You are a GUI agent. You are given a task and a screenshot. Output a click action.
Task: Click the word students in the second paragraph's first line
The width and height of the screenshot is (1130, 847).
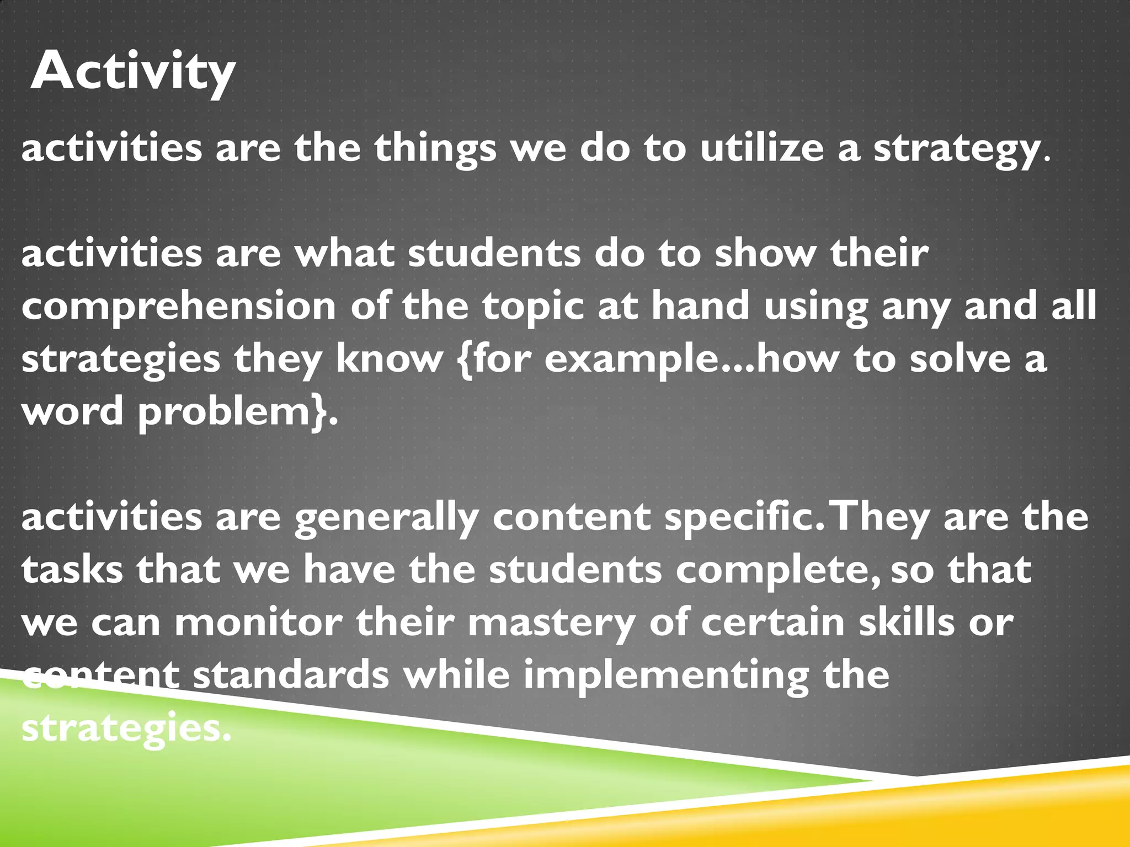(494, 254)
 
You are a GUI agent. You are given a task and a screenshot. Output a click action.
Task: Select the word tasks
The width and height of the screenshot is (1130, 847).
(72, 570)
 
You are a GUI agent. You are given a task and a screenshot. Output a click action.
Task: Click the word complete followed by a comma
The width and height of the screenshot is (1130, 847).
(778, 571)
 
